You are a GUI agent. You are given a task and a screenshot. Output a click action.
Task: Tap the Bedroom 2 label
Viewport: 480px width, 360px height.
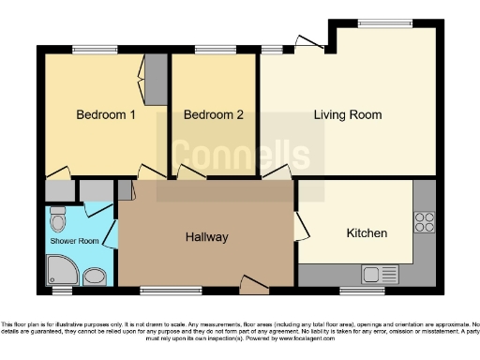213,115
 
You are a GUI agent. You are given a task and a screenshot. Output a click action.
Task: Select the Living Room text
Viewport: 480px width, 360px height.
348,115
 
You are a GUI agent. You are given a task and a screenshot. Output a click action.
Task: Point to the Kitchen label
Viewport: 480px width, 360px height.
367,232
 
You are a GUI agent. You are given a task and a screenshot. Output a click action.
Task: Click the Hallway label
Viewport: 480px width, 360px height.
206,237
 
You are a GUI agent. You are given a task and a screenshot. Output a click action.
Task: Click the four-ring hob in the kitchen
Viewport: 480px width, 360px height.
424,223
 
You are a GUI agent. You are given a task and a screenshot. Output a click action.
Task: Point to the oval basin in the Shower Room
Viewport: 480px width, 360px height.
94,276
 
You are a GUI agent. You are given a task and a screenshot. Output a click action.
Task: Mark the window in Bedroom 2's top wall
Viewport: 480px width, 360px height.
213,49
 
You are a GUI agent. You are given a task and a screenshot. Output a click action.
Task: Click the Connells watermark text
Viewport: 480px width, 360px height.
239,155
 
